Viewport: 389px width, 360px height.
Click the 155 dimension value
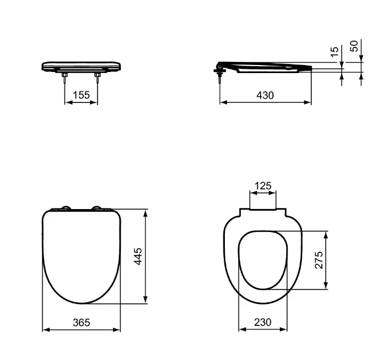tap(81, 95)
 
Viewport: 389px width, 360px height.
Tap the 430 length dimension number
tap(265, 95)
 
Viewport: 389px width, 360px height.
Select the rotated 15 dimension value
tap(335, 51)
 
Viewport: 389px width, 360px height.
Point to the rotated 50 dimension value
tap(354, 46)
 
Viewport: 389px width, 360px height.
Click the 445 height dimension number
tap(138, 256)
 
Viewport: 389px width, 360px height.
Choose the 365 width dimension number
tap(82, 323)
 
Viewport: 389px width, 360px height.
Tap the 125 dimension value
tap(263, 186)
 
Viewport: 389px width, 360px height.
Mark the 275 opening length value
tap(319, 260)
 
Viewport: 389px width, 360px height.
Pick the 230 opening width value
tap(263, 322)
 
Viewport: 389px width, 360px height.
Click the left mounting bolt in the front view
tap(65, 78)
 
